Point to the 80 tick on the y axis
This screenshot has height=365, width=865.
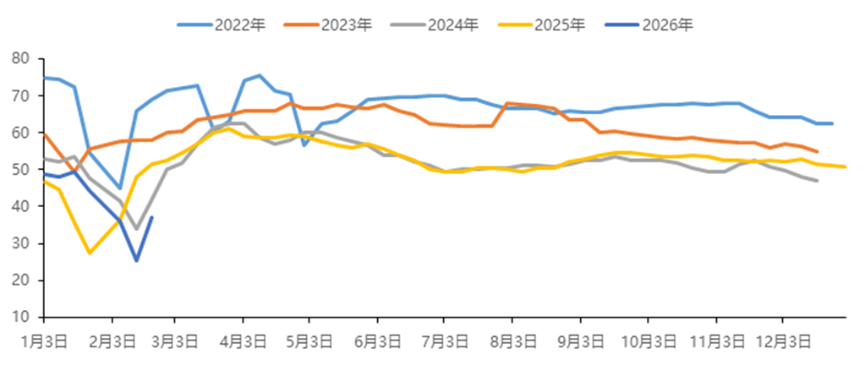click(x=21, y=59)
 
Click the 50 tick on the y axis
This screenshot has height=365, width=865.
click(x=21, y=170)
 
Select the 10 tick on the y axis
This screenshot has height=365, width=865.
click(x=21, y=318)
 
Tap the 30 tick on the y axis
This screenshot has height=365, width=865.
click(x=21, y=243)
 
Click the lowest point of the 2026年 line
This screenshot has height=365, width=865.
click(x=136, y=260)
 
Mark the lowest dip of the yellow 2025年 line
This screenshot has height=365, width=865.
click(x=90, y=253)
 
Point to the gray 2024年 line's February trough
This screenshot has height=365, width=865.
click(x=136, y=228)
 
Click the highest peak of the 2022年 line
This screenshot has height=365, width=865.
click(x=259, y=75)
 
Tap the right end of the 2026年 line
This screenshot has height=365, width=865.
click(x=152, y=217)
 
